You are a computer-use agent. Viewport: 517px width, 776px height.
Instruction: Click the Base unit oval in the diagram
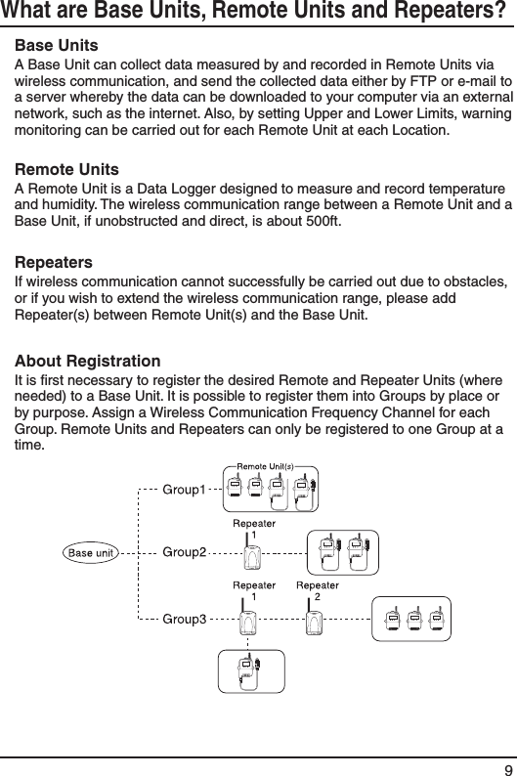pos(91,552)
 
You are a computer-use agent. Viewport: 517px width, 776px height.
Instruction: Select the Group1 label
pos(184,488)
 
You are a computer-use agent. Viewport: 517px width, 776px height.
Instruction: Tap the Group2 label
pos(184,552)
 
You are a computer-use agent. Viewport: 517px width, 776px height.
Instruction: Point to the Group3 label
pos(184,618)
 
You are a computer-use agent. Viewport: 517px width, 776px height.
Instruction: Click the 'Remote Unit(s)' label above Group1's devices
pos(261,465)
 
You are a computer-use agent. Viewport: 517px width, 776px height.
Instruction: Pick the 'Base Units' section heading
pos(56,47)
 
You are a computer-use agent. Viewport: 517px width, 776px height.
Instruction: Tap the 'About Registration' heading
pos(89,363)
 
